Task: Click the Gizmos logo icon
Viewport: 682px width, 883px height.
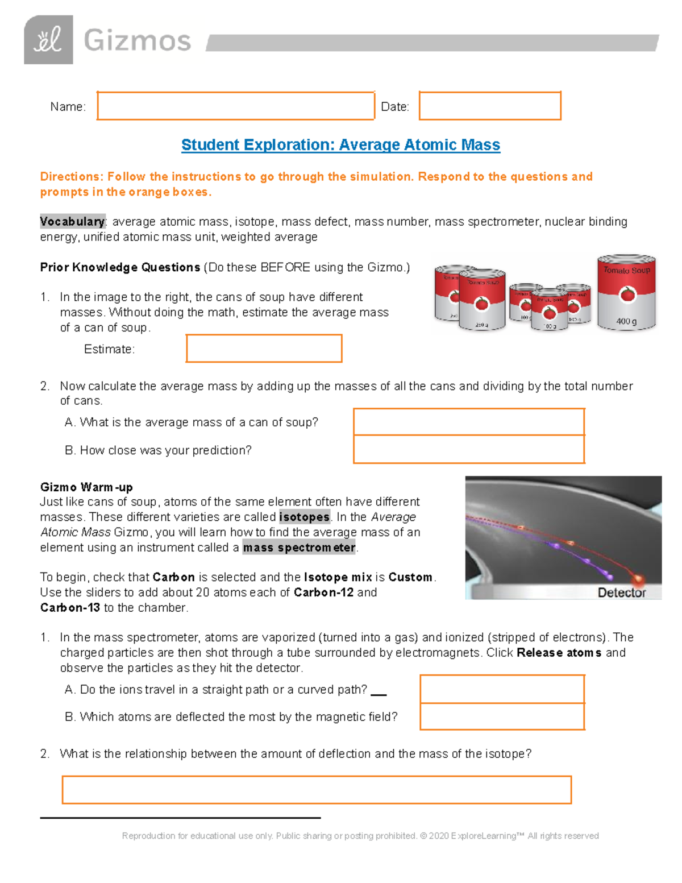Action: pyautogui.click(x=48, y=40)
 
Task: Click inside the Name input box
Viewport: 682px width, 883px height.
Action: pyautogui.click(x=235, y=106)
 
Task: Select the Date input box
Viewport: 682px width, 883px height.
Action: pyautogui.click(x=490, y=106)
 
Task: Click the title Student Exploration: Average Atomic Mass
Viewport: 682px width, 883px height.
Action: pyautogui.click(x=340, y=145)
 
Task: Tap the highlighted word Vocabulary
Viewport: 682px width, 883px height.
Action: pyautogui.click(x=72, y=221)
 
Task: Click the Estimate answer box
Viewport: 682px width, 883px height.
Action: pyautogui.click(x=264, y=349)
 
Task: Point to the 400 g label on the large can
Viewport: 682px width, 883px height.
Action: pyautogui.click(x=626, y=321)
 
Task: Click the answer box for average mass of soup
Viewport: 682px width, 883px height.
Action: pyautogui.click(x=469, y=422)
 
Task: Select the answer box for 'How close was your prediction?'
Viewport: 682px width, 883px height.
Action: pyautogui.click(x=469, y=450)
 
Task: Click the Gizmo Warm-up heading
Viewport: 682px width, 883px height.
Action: pyautogui.click(x=86, y=487)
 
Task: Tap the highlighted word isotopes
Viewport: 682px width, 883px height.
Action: pyautogui.click(x=305, y=517)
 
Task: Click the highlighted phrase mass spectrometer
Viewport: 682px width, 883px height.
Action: pyautogui.click(x=299, y=548)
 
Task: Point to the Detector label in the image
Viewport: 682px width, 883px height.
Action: pyautogui.click(x=621, y=592)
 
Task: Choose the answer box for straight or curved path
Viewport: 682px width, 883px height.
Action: pyautogui.click(x=502, y=689)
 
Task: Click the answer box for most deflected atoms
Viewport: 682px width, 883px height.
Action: pyautogui.click(x=502, y=716)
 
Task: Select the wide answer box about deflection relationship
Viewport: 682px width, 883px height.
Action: pyautogui.click(x=317, y=790)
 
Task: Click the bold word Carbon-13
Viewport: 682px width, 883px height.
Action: pyautogui.click(x=70, y=608)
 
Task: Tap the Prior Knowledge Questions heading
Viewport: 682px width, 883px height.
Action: pyautogui.click(x=120, y=267)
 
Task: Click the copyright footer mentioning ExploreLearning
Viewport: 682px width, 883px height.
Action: pyautogui.click(x=360, y=836)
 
